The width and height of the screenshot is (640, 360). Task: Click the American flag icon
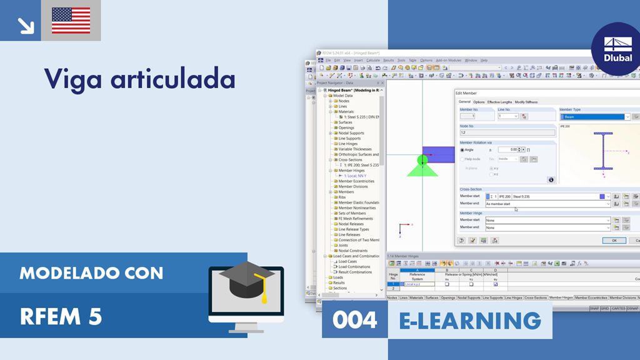point(71,20)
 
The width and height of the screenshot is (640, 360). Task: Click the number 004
point(354,320)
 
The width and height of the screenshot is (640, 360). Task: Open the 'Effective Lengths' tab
point(499,102)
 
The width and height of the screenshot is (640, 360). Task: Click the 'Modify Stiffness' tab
point(526,102)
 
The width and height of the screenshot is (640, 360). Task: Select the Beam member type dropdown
point(594,117)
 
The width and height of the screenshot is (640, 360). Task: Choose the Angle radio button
point(462,150)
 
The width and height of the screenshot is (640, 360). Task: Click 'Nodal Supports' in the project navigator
point(351,133)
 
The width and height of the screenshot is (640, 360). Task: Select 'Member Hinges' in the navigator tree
point(351,171)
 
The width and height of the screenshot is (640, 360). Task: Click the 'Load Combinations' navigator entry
point(355,267)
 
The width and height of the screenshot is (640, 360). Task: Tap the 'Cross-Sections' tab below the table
point(536,298)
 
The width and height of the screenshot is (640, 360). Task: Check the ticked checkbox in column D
point(496,284)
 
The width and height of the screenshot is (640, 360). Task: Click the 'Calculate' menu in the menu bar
point(373,61)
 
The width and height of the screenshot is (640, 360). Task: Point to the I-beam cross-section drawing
point(603,151)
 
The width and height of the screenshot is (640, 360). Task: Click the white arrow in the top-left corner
point(26,25)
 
